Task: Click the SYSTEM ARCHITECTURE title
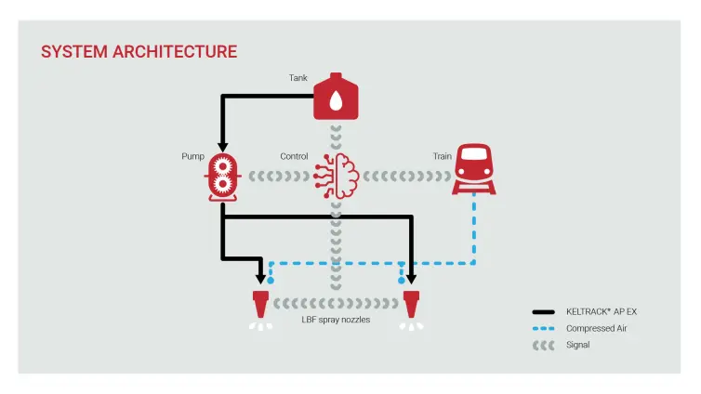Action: [x=139, y=52]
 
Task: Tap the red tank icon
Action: [x=336, y=98]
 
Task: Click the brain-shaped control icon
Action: [x=337, y=174]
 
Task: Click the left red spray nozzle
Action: [x=261, y=305]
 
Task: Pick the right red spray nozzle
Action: [x=410, y=305]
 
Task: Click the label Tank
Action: [x=298, y=78]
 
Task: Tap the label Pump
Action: [x=192, y=156]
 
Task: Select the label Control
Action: [x=294, y=156]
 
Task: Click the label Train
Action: [x=442, y=156]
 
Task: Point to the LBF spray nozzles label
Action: [x=336, y=320]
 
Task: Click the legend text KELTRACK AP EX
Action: [x=602, y=312]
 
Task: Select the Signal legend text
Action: [x=577, y=345]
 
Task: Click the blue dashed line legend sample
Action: [x=544, y=328]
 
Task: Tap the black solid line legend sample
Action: [x=544, y=312]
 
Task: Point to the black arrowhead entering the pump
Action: [x=223, y=147]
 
